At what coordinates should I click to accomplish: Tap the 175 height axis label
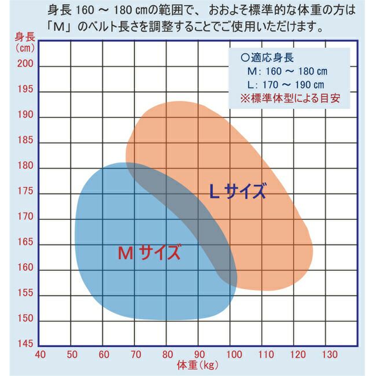tap(27, 193)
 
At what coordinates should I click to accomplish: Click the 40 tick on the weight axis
tap(40, 353)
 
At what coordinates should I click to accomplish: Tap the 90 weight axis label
tap(200, 353)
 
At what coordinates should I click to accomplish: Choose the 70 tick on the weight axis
tap(136, 353)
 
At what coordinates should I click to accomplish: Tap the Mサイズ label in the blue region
tap(149, 253)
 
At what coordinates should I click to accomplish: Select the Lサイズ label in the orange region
tap(237, 191)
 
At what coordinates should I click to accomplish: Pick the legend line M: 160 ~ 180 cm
tap(287, 72)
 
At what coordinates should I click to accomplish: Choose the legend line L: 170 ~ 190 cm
tap(287, 85)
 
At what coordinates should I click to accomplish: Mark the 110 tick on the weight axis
tap(264, 353)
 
